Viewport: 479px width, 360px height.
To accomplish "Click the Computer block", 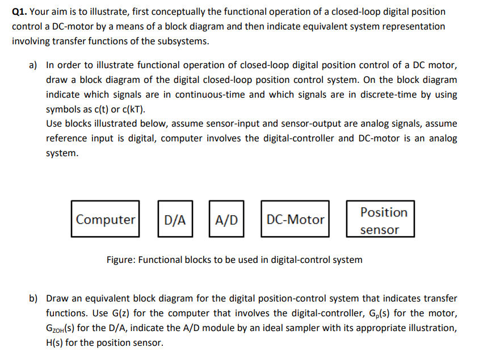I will click(106, 219).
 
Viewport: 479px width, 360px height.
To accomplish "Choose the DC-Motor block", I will click(295, 219).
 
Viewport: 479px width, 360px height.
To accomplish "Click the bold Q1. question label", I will click(21, 11).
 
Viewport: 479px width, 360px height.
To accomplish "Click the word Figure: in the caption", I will click(122, 259).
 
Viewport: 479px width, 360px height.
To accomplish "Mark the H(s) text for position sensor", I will click(56, 342).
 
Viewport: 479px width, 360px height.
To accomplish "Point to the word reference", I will click(68, 139).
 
